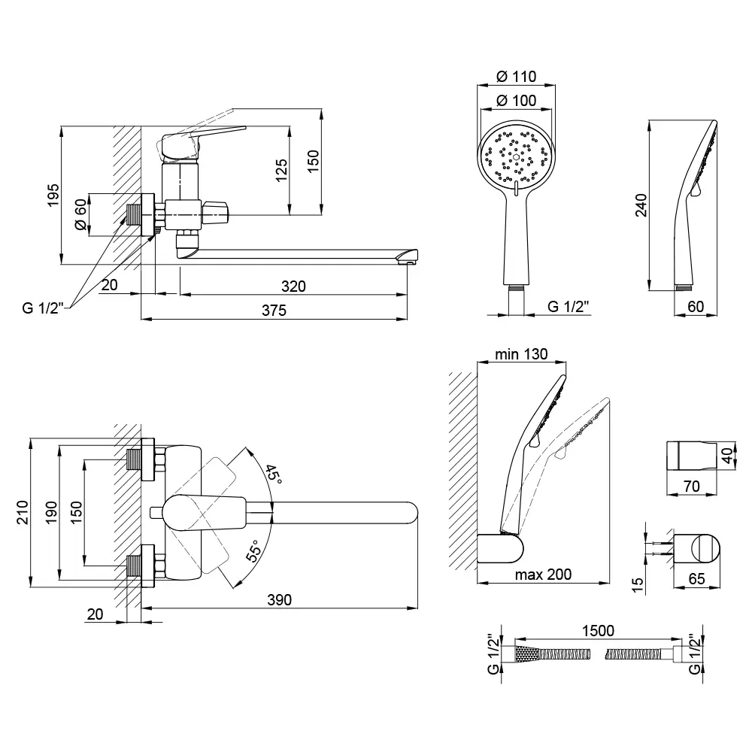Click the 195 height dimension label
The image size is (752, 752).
coord(53,196)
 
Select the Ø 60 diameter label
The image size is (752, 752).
coord(80,216)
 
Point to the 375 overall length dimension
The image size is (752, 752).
coord(274,311)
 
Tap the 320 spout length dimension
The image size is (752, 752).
coord(293,287)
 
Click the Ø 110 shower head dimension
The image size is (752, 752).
coord(516,75)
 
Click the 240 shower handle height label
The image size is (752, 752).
coord(641,205)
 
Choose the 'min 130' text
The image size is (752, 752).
coord(520,354)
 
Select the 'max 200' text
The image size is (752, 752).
coord(543,575)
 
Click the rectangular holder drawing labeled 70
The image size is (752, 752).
coord(692,456)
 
